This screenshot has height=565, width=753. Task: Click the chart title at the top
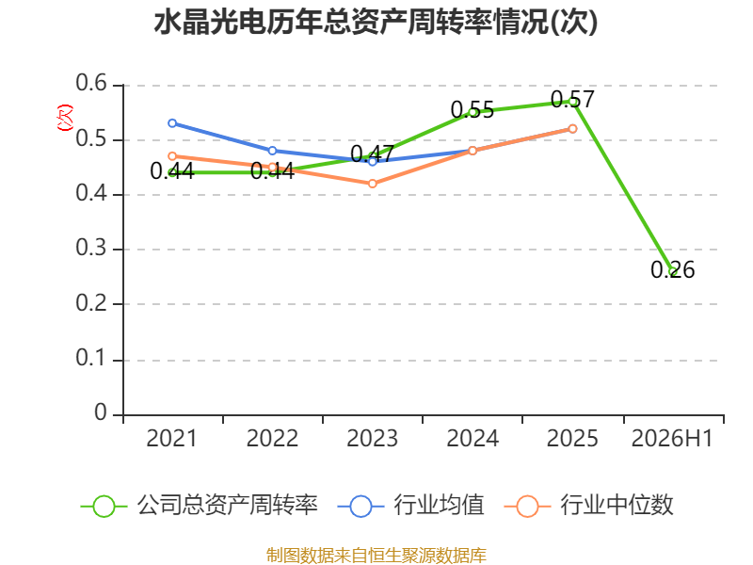(x=376, y=22)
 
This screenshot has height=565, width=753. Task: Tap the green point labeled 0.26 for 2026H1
(x=673, y=271)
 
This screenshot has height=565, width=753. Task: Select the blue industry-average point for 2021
(x=172, y=123)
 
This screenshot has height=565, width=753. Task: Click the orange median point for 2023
(x=372, y=184)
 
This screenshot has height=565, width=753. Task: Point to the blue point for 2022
(x=272, y=151)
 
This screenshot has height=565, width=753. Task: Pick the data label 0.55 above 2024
(x=473, y=110)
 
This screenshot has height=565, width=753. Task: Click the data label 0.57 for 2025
(x=572, y=100)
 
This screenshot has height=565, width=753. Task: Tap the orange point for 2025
(x=572, y=129)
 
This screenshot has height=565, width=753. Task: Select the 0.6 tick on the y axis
(x=91, y=83)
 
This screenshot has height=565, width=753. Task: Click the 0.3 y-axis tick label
(x=91, y=248)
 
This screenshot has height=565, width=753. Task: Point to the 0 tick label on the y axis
(x=101, y=412)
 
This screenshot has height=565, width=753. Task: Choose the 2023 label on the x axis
(x=372, y=439)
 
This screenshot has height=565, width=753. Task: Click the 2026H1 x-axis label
(x=672, y=439)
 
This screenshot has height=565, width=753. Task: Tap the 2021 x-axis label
(x=172, y=439)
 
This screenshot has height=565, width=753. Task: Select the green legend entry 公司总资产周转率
(x=200, y=506)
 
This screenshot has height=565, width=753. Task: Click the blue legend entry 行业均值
(x=411, y=506)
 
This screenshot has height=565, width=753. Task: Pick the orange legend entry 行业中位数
(x=589, y=506)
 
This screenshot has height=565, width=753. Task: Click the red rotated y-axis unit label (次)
(x=65, y=118)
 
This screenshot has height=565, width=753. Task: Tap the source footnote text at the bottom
(x=376, y=556)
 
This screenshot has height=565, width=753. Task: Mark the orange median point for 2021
(x=172, y=156)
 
